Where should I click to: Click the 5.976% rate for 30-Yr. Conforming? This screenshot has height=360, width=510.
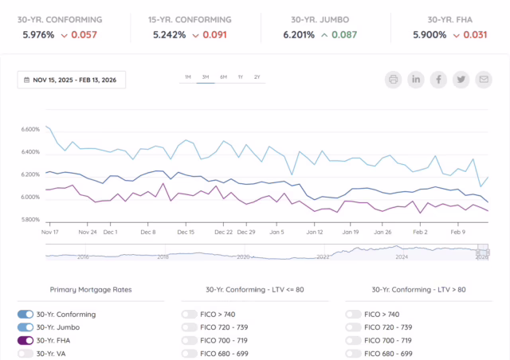click(39, 35)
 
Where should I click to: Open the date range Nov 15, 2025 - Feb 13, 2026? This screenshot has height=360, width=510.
click(72, 80)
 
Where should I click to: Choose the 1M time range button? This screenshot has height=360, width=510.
click(188, 77)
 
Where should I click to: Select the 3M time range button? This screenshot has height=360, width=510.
click(205, 77)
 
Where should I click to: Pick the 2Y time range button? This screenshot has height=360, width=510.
click(257, 77)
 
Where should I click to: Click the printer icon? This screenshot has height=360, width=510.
click(394, 80)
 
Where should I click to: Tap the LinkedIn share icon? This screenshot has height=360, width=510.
click(416, 80)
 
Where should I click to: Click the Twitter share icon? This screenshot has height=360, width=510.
click(461, 80)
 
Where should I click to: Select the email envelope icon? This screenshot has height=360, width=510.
click(484, 80)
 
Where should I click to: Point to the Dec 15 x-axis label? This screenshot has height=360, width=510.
click(185, 233)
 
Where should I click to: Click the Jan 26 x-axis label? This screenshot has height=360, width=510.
click(382, 233)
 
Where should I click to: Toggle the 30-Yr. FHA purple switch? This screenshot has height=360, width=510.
click(25, 340)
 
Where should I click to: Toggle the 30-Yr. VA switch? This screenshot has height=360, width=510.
click(25, 353)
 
